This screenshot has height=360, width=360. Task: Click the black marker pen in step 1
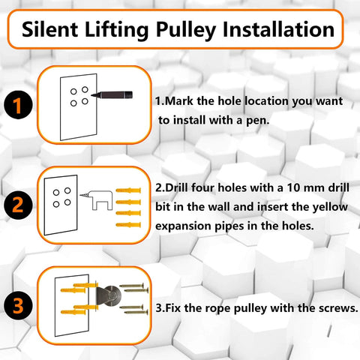[x=112, y=97]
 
